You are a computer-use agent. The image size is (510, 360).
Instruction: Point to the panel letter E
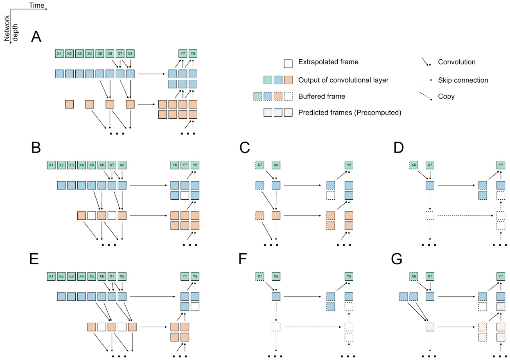(36, 259)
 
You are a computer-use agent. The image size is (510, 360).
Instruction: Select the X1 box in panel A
(59, 54)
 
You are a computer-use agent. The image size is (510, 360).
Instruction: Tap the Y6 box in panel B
(175, 165)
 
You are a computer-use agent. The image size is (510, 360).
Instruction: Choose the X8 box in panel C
(276, 165)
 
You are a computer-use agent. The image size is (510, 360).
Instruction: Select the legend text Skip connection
(463, 80)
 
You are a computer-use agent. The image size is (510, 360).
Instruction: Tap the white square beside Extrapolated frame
(288, 63)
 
